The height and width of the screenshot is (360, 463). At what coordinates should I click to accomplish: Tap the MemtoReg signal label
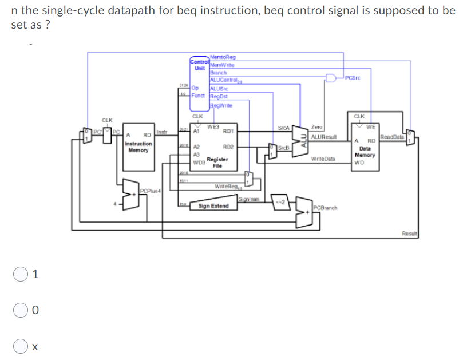[x=223, y=56]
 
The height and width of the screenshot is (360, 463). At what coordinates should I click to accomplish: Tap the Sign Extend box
[x=213, y=205]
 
